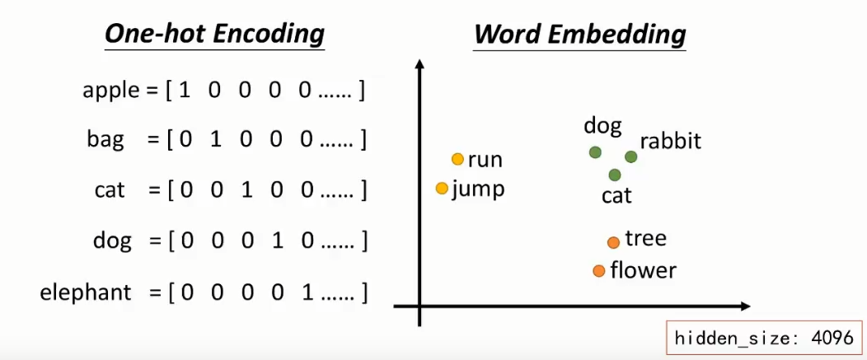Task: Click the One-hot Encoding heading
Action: pyautogui.click(x=214, y=35)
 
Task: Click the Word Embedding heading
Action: pyautogui.click(x=579, y=35)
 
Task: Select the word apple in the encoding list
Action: pyautogui.click(x=110, y=91)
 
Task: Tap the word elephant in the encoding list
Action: pyautogui.click(x=86, y=292)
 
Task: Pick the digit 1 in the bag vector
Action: pyautogui.click(x=215, y=140)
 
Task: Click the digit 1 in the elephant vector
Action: pyautogui.click(x=307, y=292)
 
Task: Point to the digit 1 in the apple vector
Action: pyautogui.click(x=185, y=91)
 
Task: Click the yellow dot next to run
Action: pyautogui.click(x=458, y=159)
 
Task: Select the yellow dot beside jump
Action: pyautogui.click(x=443, y=189)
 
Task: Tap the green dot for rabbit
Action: pyautogui.click(x=630, y=157)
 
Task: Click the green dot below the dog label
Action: pyautogui.click(x=595, y=152)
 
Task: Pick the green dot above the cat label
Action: pyautogui.click(x=615, y=175)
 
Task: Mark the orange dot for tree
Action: pyautogui.click(x=613, y=242)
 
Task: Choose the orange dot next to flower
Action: pyautogui.click(x=599, y=270)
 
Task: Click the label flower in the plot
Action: pyautogui.click(x=643, y=270)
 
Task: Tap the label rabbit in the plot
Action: pyautogui.click(x=670, y=141)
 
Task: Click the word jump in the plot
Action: pyautogui.click(x=478, y=189)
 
